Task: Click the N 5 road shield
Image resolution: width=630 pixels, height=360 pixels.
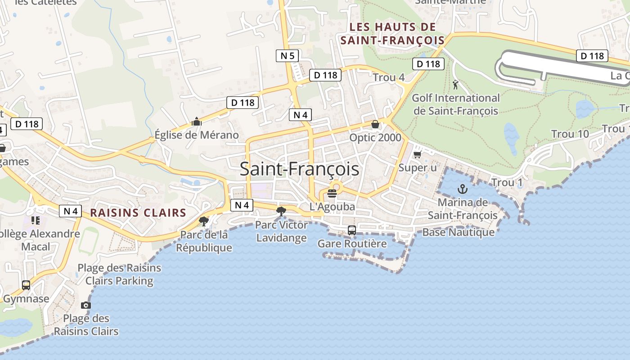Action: pos(288,56)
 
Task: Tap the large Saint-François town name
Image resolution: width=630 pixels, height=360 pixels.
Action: pos(299,169)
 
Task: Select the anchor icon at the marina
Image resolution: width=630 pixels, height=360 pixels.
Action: pos(463,189)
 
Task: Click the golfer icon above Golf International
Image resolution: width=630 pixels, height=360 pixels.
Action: pos(455,84)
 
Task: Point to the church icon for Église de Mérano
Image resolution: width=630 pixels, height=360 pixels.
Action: pos(196,121)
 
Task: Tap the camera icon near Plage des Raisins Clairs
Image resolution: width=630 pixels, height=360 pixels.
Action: pos(86,305)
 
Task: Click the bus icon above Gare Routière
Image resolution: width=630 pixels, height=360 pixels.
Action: pos(352,230)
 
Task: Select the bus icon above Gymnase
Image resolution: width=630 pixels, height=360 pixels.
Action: pos(26,285)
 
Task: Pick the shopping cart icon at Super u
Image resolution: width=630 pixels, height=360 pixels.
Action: pos(417,154)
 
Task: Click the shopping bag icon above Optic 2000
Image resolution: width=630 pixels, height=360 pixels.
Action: pos(375,124)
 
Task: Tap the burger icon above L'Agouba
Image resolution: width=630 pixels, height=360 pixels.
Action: pos(332,193)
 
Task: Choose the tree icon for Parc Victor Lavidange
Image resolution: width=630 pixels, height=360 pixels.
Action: pos(281,211)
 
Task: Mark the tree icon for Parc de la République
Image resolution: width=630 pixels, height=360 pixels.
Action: pos(204,221)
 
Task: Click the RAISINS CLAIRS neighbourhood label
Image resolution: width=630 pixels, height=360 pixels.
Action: pos(138,213)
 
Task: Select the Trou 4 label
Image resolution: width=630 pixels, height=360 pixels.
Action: pos(389,77)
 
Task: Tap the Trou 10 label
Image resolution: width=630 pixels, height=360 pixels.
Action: pos(570,134)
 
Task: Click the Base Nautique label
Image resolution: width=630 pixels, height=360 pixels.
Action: pos(458,232)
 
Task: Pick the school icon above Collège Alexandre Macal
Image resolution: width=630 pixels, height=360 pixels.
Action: pos(35,220)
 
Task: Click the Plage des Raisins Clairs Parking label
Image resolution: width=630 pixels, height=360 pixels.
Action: pos(119,274)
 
